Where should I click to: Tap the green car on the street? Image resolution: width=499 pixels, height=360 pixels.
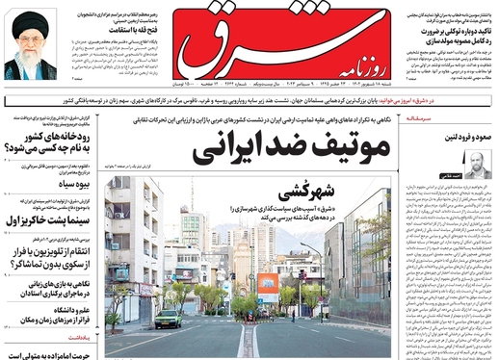168,319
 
